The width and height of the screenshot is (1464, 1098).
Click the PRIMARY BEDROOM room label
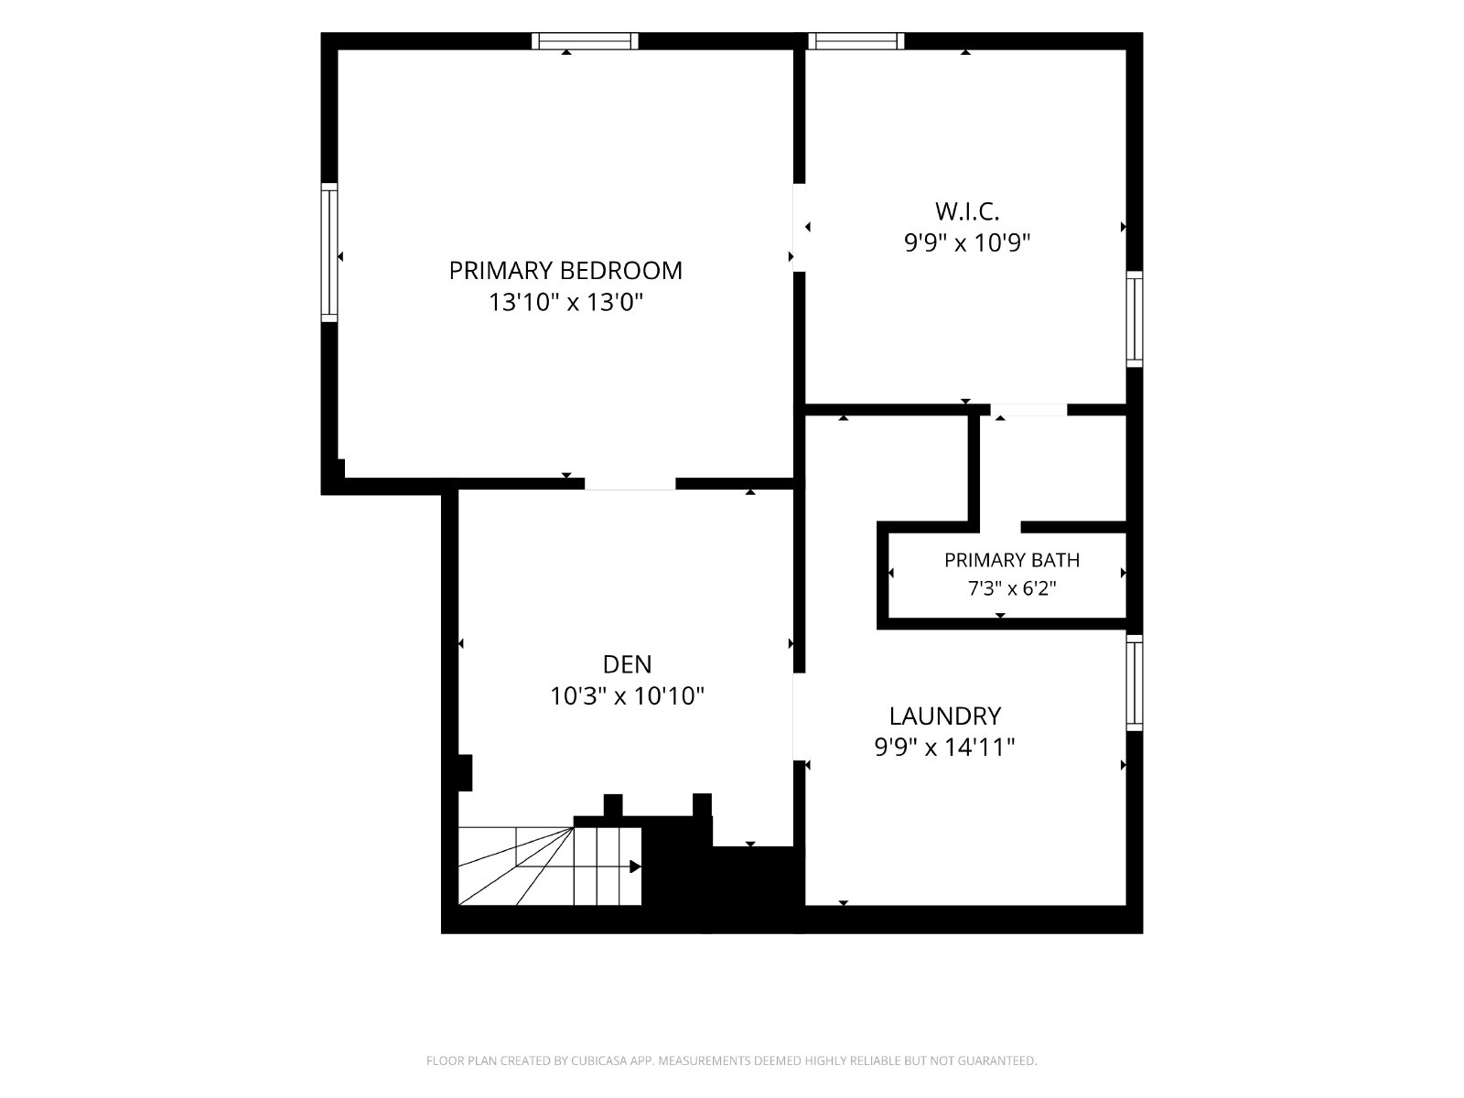pyautogui.click(x=565, y=271)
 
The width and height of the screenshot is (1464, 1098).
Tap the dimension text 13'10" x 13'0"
pyautogui.click(x=565, y=303)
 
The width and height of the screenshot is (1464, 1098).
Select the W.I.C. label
pyautogui.click(x=966, y=211)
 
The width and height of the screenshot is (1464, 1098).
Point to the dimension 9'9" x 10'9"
pyautogui.click(x=966, y=242)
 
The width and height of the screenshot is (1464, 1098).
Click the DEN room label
pyautogui.click(x=627, y=664)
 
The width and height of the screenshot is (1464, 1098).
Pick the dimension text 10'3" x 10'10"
pyautogui.click(x=627, y=696)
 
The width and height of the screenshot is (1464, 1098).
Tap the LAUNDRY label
pyautogui.click(x=944, y=716)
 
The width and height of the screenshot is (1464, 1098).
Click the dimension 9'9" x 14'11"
pyautogui.click(x=944, y=748)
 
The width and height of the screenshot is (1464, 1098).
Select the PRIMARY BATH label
pyautogui.click(x=1012, y=560)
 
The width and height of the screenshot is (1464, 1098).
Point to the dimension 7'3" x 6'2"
pyautogui.click(x=1012, y=588)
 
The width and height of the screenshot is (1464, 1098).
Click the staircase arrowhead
pyautogui.click(x=636, y=867)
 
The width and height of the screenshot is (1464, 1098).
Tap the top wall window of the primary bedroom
pyautogui.click(x=585, y=41)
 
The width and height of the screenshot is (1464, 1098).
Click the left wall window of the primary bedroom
pyautogui.click(x=329, y=253)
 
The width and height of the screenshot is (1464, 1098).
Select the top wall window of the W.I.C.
pyautogui.click(x=856, y=41)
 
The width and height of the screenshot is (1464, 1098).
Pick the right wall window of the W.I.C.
pyautogui.click(x=1135, y=318)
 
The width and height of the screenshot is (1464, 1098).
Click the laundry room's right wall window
pyautogui.click(x=1135, y=683)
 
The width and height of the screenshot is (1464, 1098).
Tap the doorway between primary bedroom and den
pyautogui.click(x=630, y=484)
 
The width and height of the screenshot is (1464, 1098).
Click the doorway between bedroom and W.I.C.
pyautogui.click(x=799, y=227)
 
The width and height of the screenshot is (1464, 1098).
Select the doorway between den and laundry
pyautogui.click(x=799, y=716)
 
